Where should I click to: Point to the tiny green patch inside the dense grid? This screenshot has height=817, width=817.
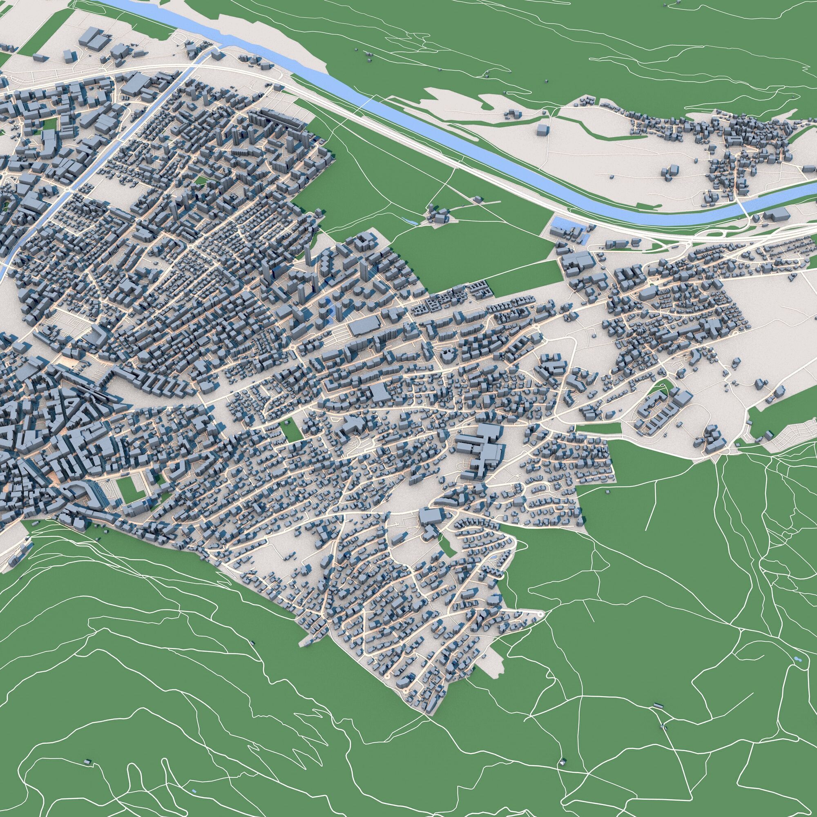click(201, 180)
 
